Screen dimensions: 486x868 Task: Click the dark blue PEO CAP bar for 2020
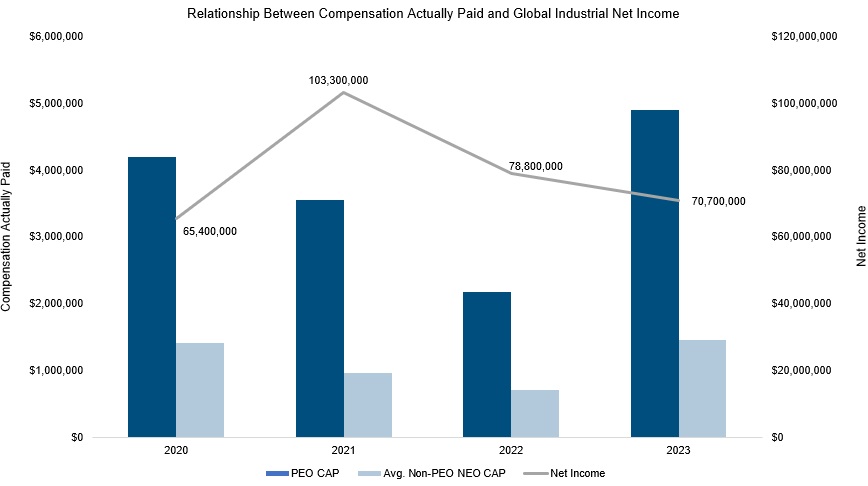[152, 297]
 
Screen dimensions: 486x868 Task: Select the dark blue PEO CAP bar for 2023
[654, 273]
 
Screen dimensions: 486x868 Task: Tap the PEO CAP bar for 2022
[487, 364]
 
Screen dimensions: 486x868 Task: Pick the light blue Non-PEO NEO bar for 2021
[368, 405]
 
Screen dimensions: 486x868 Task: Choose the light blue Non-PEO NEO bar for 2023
[702, 388]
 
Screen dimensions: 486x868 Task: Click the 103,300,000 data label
[338, 80]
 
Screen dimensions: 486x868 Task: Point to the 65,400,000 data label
[210, 231]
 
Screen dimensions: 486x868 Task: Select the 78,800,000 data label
[535, 166]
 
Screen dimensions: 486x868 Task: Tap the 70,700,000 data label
[718, 201]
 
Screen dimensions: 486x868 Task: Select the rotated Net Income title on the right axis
[860, 236]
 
